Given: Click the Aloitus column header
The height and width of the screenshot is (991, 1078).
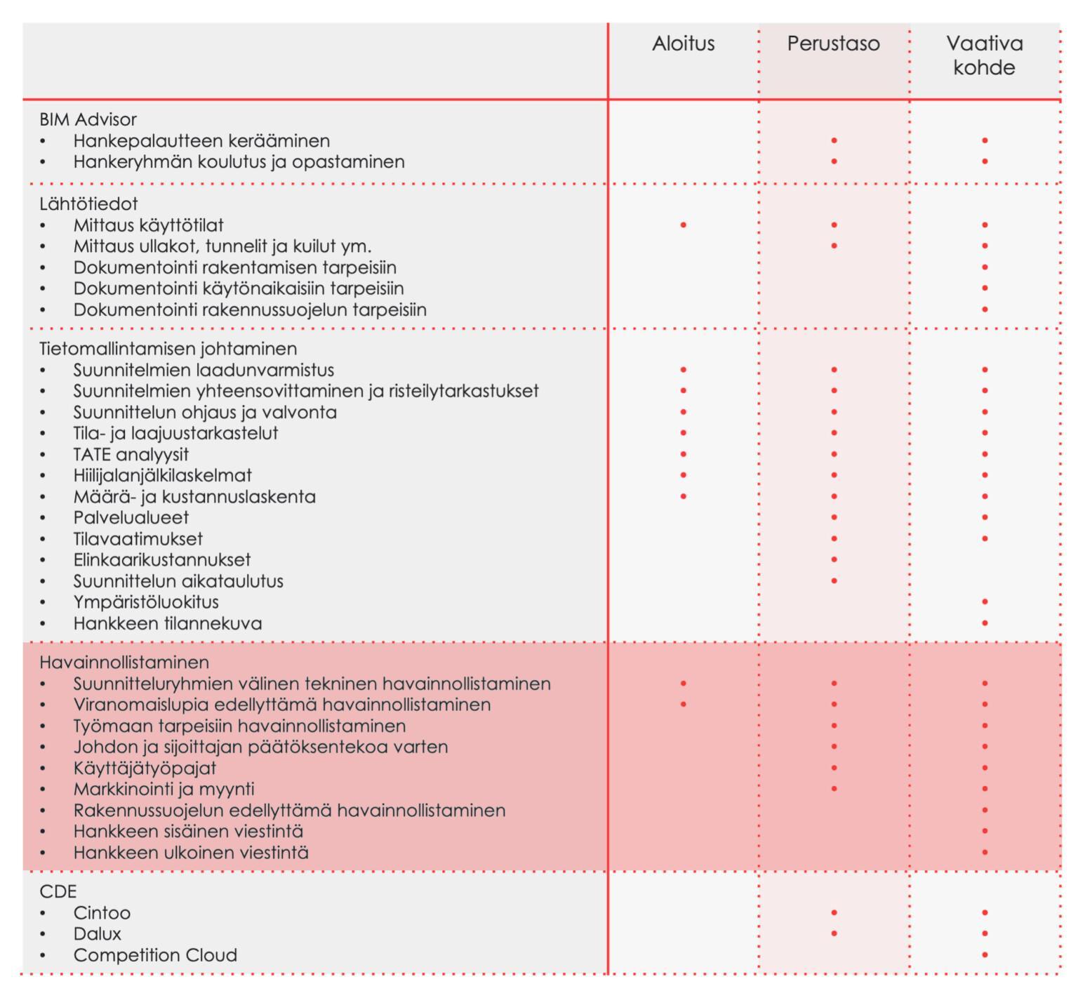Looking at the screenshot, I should pos(683,44).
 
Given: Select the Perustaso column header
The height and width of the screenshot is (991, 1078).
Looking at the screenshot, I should pos(833,44).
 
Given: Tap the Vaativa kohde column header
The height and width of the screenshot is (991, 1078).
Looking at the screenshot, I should pos(984,55).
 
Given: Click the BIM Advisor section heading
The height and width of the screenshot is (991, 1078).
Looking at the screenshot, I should pos(88,119).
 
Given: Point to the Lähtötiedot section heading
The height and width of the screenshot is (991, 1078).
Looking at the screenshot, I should pos(88,204).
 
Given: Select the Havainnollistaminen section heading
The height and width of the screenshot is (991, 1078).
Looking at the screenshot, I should pos(124,662).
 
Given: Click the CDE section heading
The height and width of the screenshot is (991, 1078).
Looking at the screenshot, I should pos(58,891).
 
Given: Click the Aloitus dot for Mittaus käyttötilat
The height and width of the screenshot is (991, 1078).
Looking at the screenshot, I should pos(683,225).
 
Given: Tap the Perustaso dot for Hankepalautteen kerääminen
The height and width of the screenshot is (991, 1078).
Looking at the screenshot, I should pos(834,140).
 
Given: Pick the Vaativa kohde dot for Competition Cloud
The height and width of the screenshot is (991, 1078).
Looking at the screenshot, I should pos(985,955).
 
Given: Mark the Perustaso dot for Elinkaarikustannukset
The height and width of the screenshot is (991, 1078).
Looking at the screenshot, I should pos(834,559).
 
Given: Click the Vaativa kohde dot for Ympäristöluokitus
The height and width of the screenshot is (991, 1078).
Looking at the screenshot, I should pos(985,601).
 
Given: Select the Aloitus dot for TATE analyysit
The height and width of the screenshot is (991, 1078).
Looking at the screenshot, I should pos(683,454).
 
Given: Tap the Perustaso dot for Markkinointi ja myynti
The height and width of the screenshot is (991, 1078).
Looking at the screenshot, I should pos(834,788).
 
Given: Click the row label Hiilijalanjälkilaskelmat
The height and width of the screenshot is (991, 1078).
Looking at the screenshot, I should pos(162,475).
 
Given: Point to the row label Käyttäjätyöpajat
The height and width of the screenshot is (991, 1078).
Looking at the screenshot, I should pos(145,768).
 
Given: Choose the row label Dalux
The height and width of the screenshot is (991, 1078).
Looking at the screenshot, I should pos(97,933).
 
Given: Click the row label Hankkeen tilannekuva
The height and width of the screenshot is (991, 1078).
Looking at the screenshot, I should pos(167,623).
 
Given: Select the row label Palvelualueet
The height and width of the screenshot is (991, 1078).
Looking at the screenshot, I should pos(131,517).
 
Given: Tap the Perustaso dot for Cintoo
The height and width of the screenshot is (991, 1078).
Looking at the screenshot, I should pos(834,912).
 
